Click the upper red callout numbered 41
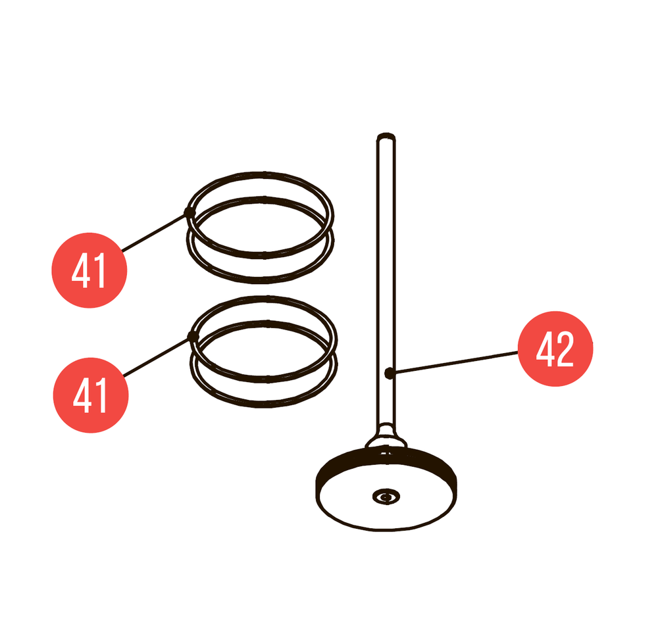click(x=89, y=270)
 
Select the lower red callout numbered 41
click(x=91, y=395)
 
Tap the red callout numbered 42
click(x=555, y=349)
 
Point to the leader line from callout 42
click(x=455, y=362)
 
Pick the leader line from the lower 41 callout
click(x=157, y=356)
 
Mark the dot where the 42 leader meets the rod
click(x=390, y=372)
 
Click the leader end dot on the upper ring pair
click(x=190, y=212)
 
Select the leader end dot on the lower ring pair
click(x=193, y=336)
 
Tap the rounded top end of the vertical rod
click(x=386, y=137)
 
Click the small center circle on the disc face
click(x=386, y=497)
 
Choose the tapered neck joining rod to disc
click(x=386, y=436)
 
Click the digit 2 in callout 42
click(x=565, y=349)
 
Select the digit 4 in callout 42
click(x=545, y=349)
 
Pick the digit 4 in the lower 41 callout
click(x=81, y=395)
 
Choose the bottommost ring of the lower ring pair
click(x=265, y=405)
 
